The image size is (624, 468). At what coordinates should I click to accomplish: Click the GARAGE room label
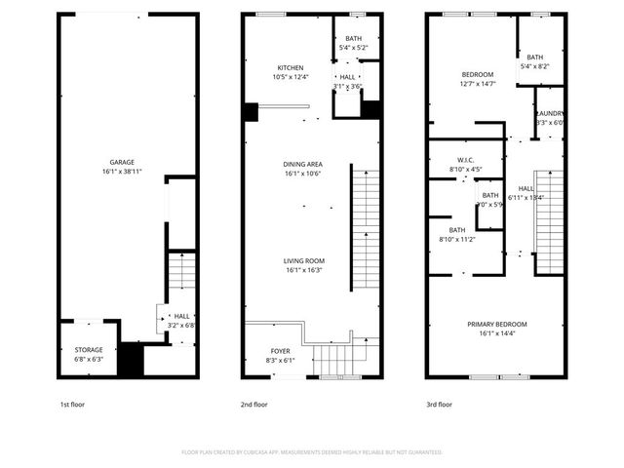point(122,162)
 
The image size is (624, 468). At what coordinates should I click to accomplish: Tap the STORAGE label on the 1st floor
point(89,349)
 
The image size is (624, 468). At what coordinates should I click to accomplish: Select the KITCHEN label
point(291,67)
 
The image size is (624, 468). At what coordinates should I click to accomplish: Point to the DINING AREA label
point(303,164)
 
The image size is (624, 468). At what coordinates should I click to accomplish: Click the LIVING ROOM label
point(303,260)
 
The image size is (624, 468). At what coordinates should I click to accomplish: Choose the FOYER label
point(281,350)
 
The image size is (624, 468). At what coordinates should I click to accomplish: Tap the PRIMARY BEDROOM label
point(496,324)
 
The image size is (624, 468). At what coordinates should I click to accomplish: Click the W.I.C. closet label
point(465,159)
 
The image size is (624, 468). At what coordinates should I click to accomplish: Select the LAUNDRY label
point(551,113)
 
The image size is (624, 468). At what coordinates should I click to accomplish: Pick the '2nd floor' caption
point(254,404)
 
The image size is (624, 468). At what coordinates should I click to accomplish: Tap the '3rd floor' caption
point(439,404)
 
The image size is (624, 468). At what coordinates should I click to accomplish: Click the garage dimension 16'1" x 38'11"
point(122,172)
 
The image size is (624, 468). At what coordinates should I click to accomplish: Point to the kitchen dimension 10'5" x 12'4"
point(291,77)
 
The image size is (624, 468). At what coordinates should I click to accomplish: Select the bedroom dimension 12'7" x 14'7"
point(478,84)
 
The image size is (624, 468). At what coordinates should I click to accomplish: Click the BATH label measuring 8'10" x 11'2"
point(456,230)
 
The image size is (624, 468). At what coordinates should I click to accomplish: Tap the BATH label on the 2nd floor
point(352,38)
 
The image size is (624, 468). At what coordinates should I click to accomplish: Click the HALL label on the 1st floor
point(181,316)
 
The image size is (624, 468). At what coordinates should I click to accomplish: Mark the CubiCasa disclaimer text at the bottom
point(312,452)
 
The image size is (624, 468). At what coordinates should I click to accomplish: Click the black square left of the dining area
point(251,112)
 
